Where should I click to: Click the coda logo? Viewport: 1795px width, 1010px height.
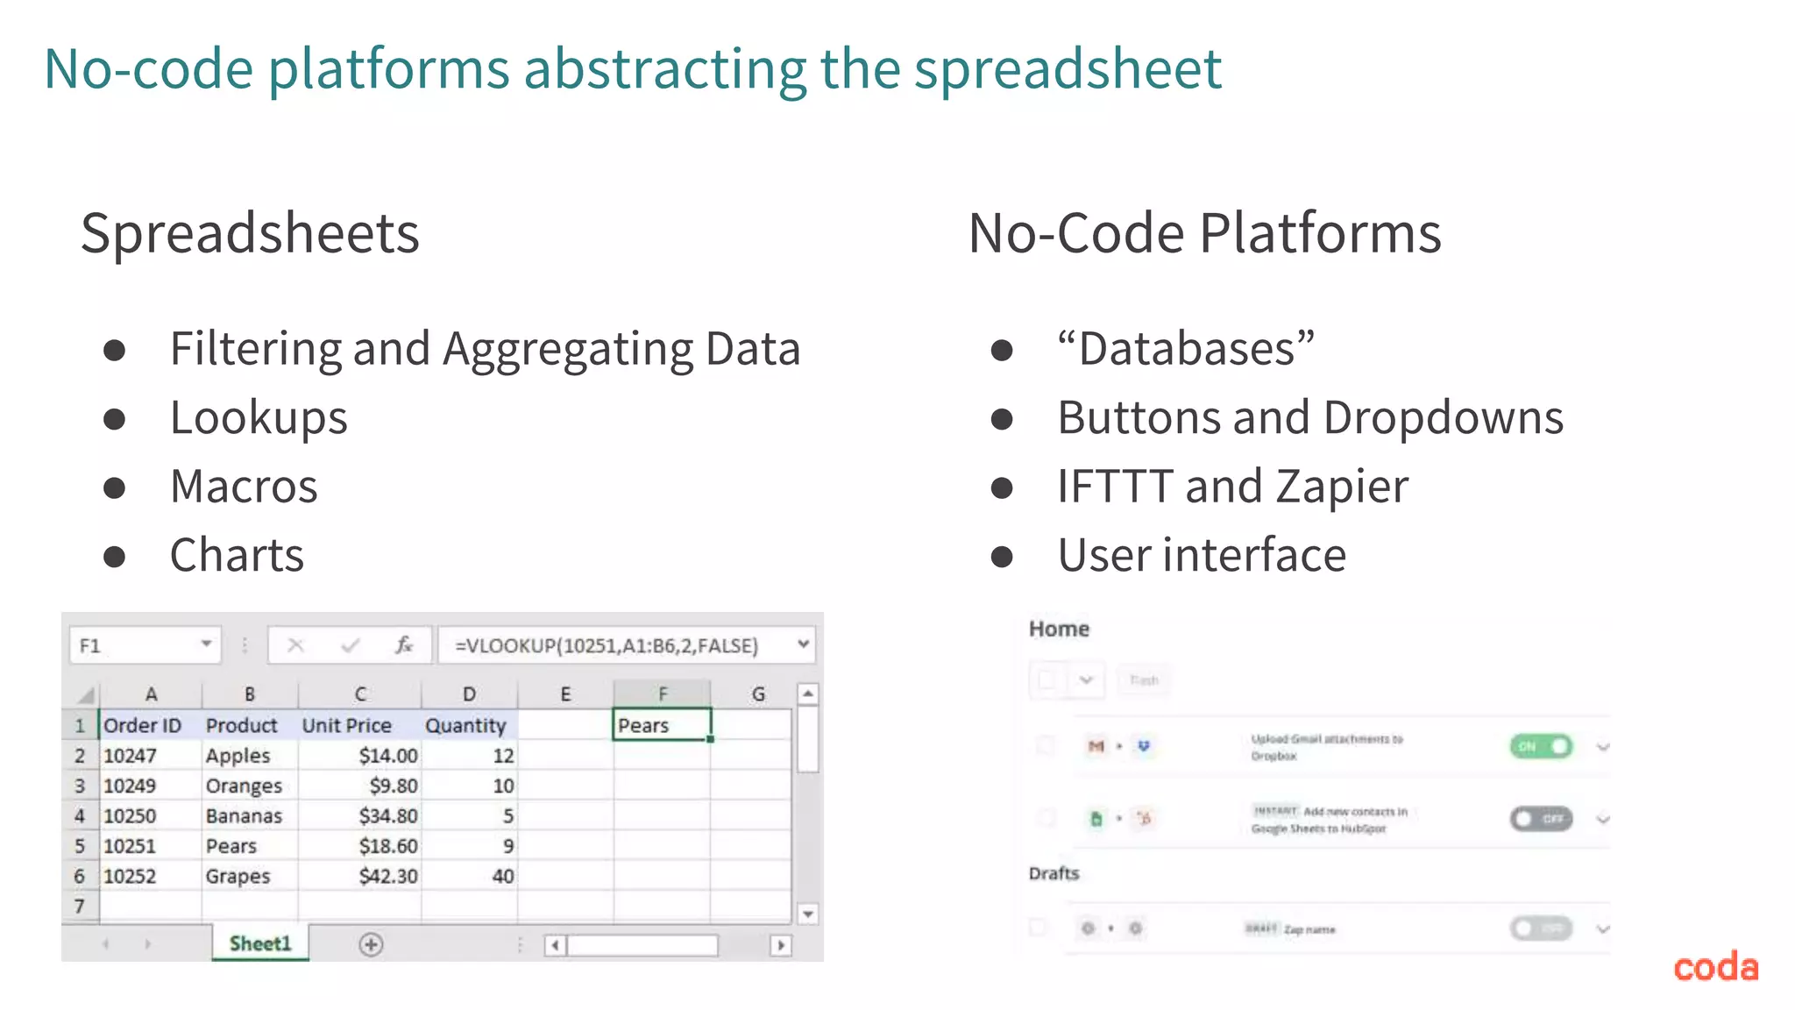tap(1715, 967)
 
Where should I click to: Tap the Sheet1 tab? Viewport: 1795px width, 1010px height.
tap(259, 943)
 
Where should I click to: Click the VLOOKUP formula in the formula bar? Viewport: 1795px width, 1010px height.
tap(607, 646)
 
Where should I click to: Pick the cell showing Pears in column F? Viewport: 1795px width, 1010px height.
tap(661, 725)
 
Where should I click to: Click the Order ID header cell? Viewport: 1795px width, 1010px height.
tap(143, 725)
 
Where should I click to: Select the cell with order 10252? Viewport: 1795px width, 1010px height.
tap(130, 876)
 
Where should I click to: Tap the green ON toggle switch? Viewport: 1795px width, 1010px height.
tap(1541, 746)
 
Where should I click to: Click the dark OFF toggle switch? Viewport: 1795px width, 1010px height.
tap(1541, 819)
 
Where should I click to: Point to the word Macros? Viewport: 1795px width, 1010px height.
tap(244, 486)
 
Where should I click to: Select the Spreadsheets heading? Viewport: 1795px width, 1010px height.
tap(250, 233)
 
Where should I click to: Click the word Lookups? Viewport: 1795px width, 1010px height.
tap(259, 417)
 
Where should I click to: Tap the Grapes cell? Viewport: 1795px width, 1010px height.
tap(238, 876)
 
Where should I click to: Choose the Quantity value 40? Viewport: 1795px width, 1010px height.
tap(502, 876)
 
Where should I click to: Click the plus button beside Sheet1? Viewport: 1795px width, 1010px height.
tap(371, 944)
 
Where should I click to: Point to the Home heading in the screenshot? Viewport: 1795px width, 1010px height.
tap(1059, 629)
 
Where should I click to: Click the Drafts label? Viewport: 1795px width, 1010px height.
tap(1054, 873)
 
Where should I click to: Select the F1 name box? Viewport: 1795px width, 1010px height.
tap(131, 646)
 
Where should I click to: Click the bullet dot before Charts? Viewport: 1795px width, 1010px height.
tap(115, 557)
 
